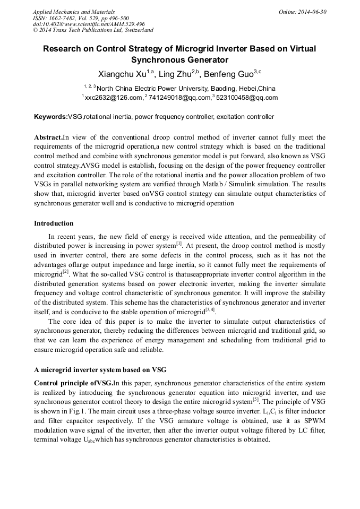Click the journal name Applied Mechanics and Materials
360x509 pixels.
pos(73,12)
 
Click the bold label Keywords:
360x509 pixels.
pos(51,117)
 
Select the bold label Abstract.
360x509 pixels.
pos(48,137)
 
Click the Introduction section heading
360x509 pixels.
pos(54,223)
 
